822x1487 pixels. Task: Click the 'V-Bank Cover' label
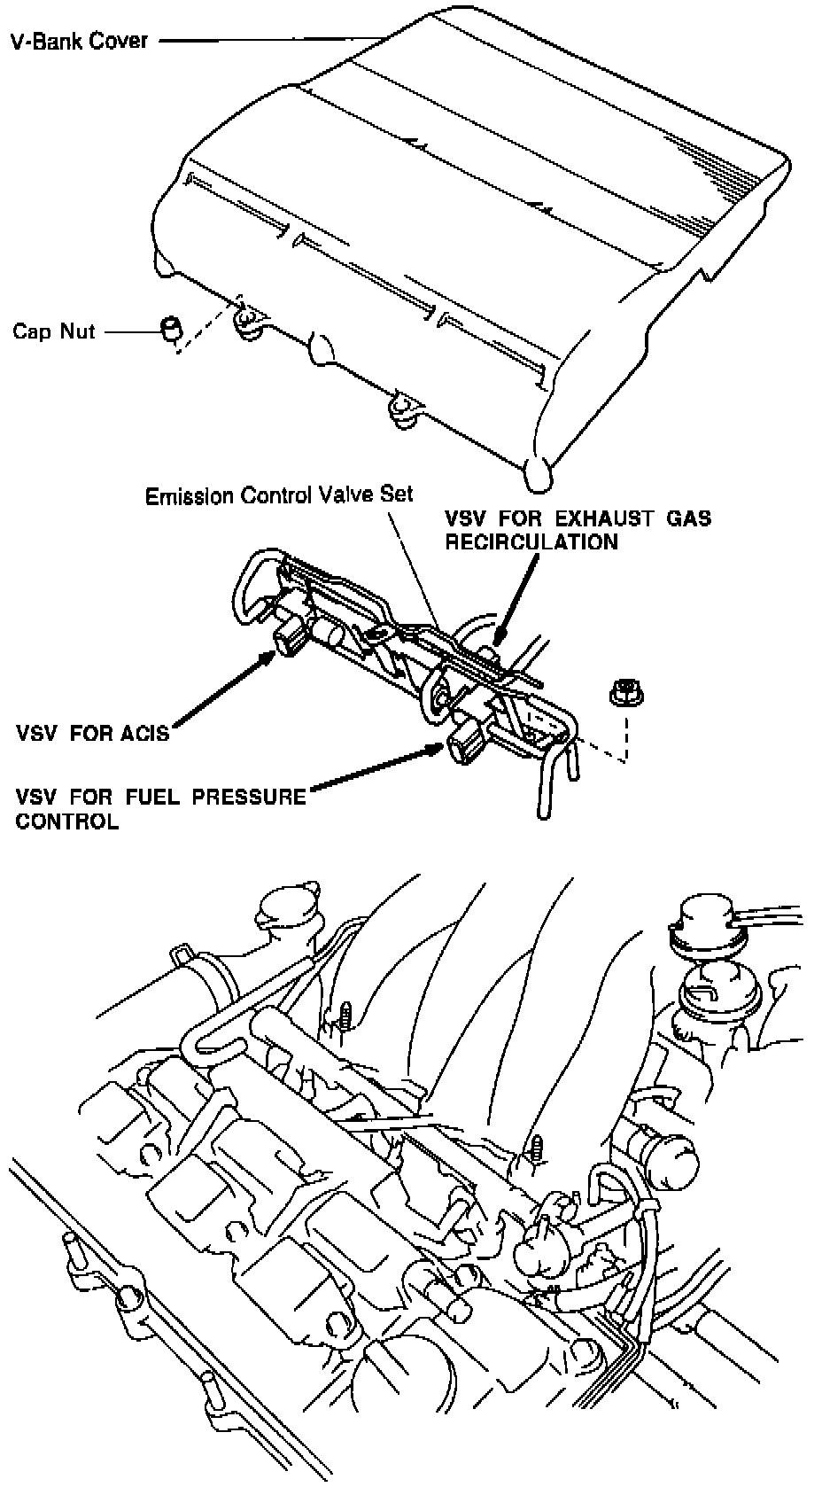[x=79, y=40]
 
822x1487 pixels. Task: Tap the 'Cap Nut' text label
[x=53, y=331]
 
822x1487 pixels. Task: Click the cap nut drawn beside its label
[x=171, y=327]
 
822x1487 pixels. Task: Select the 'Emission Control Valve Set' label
[x=279, y=494]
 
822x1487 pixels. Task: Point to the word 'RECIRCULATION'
[x=531, y=541]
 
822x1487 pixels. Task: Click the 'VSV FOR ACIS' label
[x=92, y=734]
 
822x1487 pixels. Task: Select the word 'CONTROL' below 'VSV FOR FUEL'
[x=66, y=821]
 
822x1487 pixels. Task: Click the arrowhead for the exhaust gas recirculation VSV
[x=500, y=635]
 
